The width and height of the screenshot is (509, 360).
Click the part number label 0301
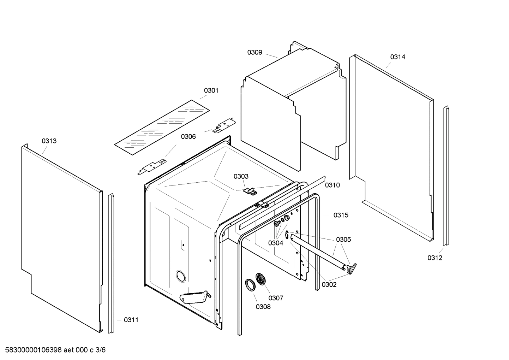[x=211, y=90]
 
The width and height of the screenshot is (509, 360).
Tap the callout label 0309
[x=254, y=52]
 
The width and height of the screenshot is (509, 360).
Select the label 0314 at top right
[x=397, y=57]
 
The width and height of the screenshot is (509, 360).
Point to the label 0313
[x=49, y=141]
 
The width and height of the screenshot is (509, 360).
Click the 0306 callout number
[x=188, y=137]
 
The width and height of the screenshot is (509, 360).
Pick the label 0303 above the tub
[x=241, y=176]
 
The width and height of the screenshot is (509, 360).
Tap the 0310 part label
[x=332, y=185]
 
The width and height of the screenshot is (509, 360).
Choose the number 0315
[x=341, y=215]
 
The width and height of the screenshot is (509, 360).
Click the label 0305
[x=343, y=240]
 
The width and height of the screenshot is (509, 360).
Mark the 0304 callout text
[x=275, y=243]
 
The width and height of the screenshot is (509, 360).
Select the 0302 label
[x=329, y=285]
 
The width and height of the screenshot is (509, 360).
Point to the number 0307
[x=276, y=298]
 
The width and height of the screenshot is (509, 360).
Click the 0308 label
[x=263, y=307]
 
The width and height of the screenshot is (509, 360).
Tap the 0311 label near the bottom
[x=131, y=320]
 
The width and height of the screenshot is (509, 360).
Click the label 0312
[x=435, y=258]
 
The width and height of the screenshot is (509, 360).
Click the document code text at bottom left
[x=53, y=350]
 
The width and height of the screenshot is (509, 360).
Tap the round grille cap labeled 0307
[x=261, y=278]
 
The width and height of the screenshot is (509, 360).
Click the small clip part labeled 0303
[x=251, y=191]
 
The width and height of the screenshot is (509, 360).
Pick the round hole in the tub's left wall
[x=180, y=276]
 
